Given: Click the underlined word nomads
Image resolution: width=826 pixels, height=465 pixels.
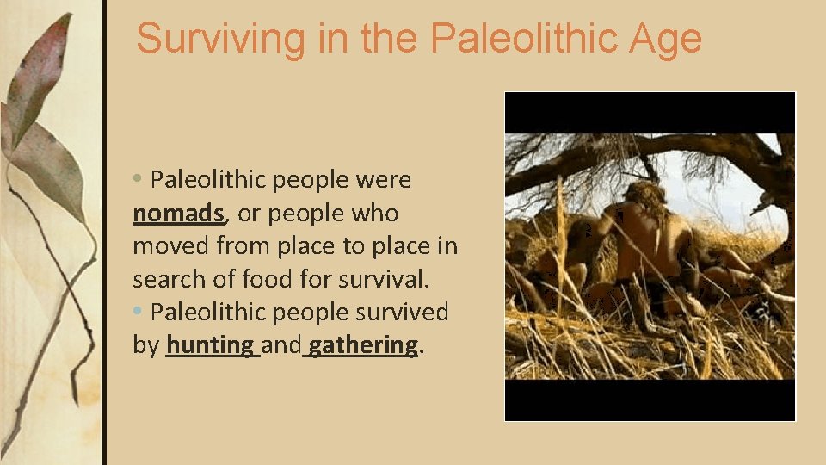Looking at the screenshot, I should (x=179, y=213).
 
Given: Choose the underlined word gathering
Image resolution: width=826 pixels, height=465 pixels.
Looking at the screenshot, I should (x=363, y=345).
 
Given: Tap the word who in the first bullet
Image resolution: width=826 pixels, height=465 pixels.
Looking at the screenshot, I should (x=374, y=213).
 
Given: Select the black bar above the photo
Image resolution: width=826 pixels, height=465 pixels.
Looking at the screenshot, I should (x=650, y=113).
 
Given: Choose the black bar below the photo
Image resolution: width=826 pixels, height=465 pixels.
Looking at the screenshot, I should (x=650, y=400).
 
